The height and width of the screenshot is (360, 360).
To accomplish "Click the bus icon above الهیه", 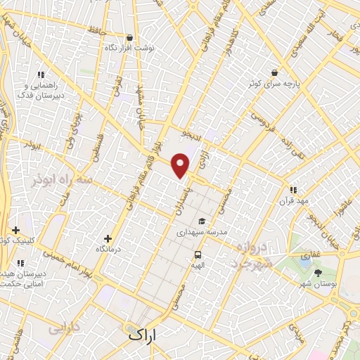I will click(x=198, y=255).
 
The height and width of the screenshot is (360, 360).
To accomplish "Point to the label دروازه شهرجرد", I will click(x=250, y=256).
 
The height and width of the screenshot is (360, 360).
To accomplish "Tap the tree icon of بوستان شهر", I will click(x=318, y=272).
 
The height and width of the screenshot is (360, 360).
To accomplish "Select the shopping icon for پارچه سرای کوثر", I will click(x=274, y=73).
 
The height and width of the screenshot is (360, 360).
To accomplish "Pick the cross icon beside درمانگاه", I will click(x=107, y=239).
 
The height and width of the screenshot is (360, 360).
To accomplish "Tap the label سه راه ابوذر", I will click(x=62, y=180).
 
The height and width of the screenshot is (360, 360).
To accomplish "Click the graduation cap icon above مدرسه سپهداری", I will click(x=201, y=221).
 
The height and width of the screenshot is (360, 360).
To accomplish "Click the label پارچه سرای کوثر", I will click(x=274, y=84).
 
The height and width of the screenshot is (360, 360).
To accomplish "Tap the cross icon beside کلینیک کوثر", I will click(x=15, y=230).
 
